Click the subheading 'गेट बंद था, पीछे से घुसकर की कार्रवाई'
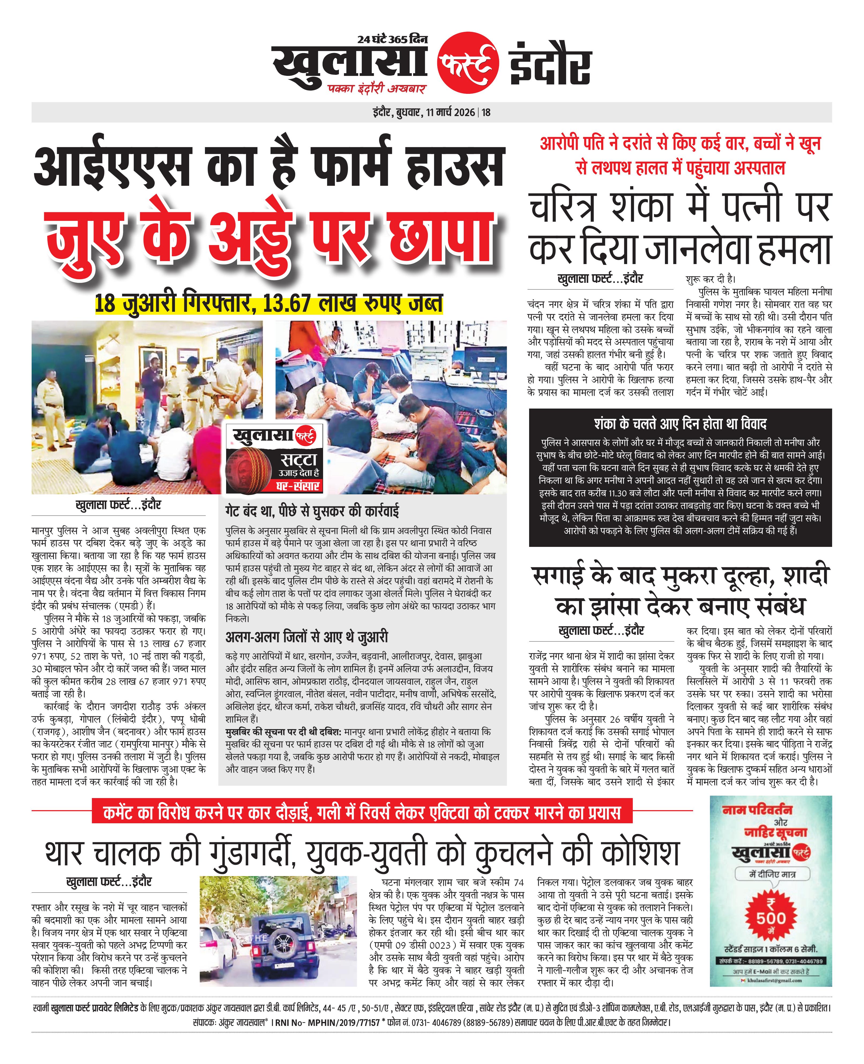(x=312, y=511)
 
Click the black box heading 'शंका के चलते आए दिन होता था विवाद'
(x=680, y=424)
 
